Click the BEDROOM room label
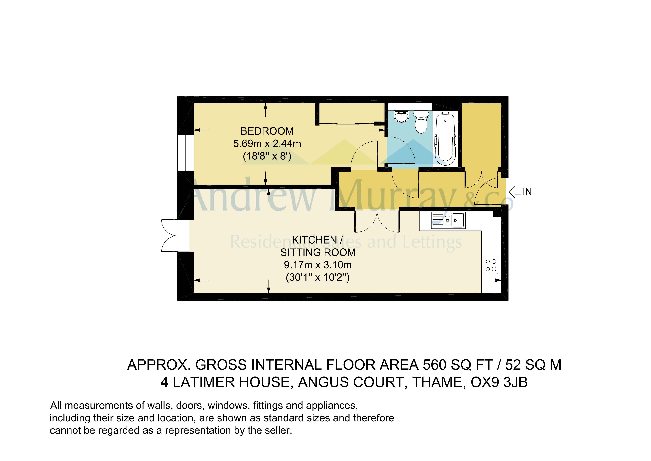pos(267,131)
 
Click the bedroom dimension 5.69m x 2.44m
pos(267,144)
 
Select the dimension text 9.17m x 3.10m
pos(318,265)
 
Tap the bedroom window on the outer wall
pos(185,153)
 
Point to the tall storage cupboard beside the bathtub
pos(481,136)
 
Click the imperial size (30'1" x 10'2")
pos(318,277)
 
